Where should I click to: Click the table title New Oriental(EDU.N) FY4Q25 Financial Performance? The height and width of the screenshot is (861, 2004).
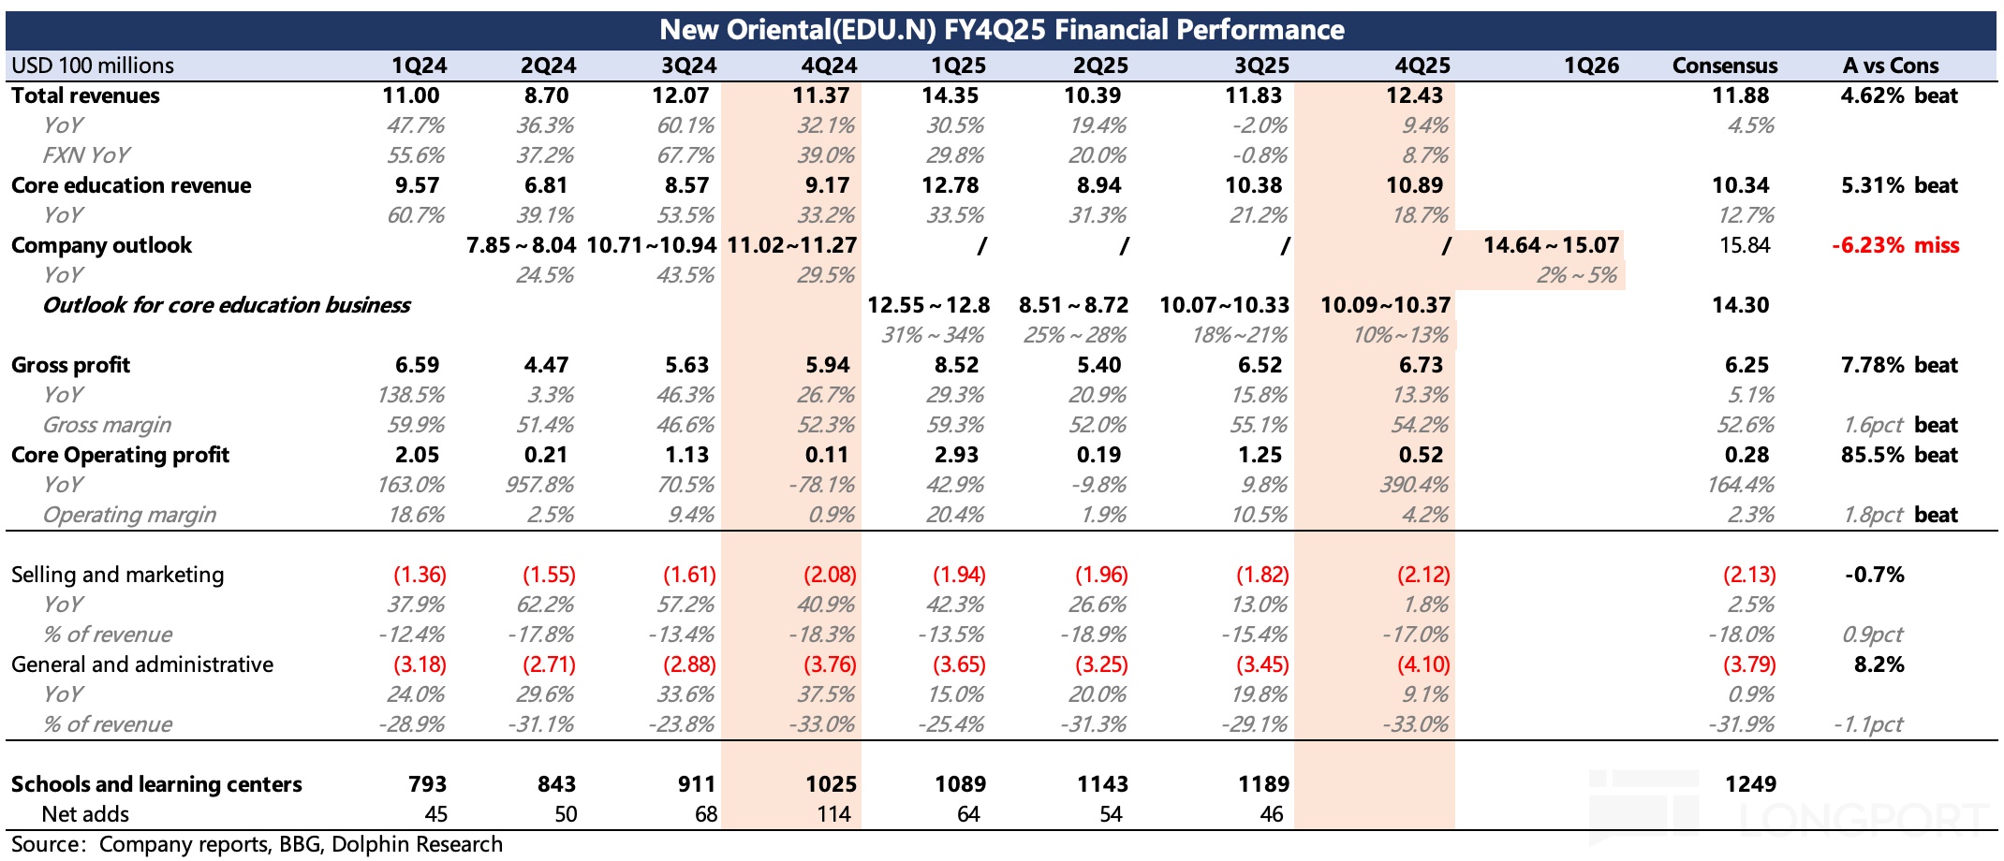tap(1001, 30)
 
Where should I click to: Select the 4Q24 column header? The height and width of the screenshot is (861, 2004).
tap(829, 66)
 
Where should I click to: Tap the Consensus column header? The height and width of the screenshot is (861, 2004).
tap(1724, 66)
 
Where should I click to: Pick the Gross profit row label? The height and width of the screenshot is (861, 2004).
tap(71, 365)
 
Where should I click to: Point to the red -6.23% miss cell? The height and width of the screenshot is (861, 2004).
tap(1895, 245)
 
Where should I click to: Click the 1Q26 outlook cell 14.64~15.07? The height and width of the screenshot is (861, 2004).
tap(1551, 245)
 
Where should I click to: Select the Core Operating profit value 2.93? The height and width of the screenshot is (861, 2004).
tap(955, 455)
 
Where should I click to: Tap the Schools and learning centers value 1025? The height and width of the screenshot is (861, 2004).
tap(831, 784)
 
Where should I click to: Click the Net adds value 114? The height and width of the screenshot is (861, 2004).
tap(833, 814)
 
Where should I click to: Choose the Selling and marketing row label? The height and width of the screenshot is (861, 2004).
tap(118, 575)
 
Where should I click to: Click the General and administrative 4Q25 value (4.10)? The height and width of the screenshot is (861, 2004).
tap(1423, 664)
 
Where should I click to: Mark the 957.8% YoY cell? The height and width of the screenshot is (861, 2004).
tap(545, 485)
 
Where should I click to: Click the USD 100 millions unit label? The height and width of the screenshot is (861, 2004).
tap(93, 66)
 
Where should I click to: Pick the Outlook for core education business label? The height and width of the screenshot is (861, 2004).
tap(227, 305)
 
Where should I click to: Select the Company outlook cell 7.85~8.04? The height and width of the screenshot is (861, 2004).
tap(521, 245)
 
